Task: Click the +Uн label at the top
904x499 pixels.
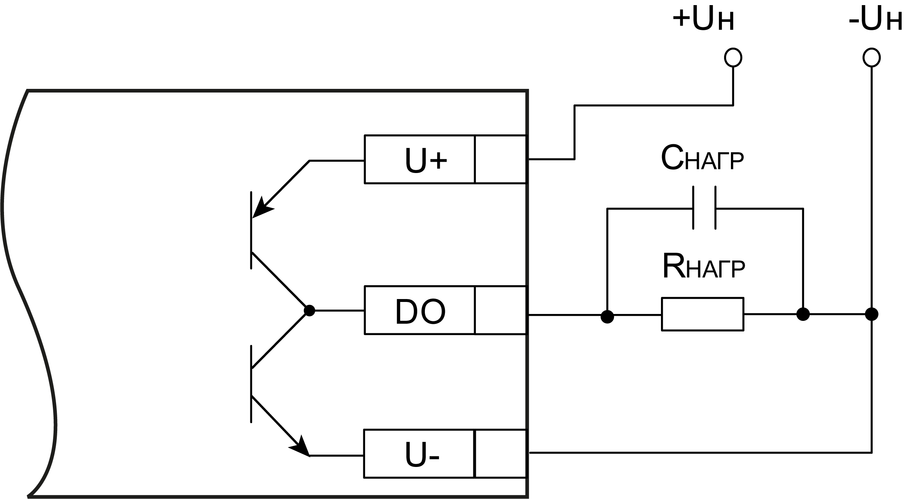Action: click(703, 19)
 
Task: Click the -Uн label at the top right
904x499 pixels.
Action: click(875, 19)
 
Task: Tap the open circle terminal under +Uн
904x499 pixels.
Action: click(733, 58)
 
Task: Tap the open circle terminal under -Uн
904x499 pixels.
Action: click(872, 58)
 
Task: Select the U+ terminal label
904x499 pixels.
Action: click(426, 160)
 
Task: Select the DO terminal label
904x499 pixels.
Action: click(420, 312)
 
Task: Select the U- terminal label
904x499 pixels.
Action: click(422, 455)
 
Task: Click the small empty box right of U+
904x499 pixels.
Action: click(501, 160)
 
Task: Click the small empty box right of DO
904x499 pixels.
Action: click(501, 310)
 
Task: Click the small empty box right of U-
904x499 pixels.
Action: click(501, 454)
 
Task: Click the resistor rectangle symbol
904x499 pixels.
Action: click(703, 314)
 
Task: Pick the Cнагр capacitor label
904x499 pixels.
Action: click(702, 159)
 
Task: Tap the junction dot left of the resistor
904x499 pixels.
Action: click(607, 317)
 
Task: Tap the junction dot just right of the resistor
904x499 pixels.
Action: click(803, 314)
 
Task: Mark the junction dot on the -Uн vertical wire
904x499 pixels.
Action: click(872, 314)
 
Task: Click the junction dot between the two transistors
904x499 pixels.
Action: click(309, 311)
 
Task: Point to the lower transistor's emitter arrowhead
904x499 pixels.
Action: click(301, 448)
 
